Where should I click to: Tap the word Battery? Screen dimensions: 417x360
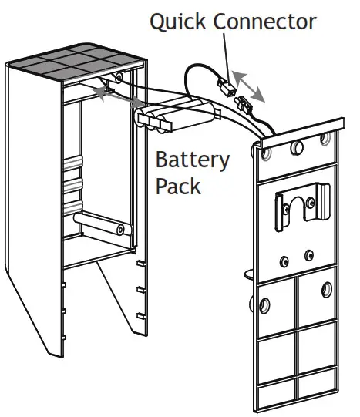pos(192,161)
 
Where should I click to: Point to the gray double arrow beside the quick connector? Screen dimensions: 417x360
pos(249,86)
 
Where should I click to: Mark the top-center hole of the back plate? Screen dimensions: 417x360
pos(296,146)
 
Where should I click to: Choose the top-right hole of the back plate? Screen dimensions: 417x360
pos(325,140)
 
